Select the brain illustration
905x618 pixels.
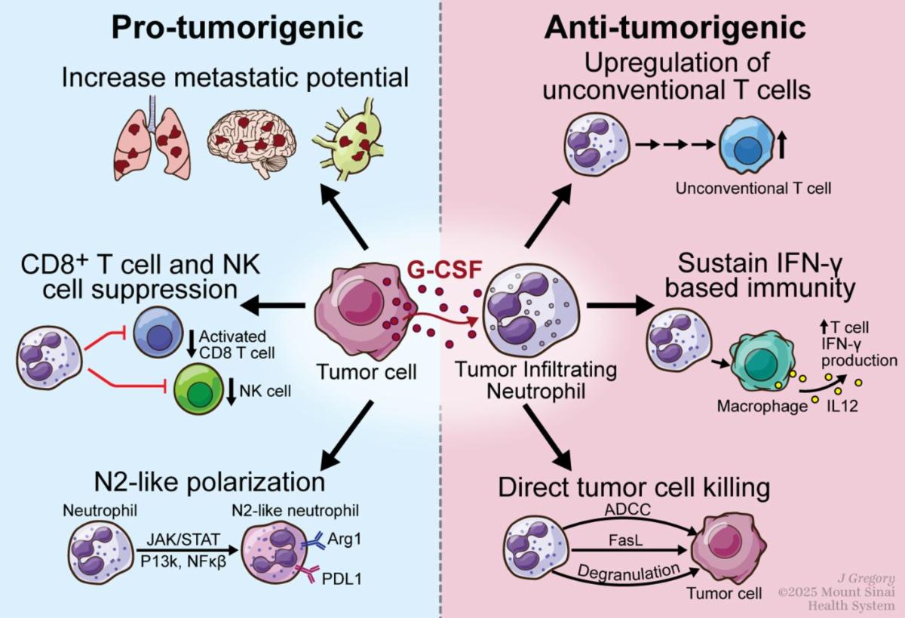point(250,140)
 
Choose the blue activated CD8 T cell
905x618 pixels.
point(158,331)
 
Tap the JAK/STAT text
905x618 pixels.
point(178,539)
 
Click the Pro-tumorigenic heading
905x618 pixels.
point(238,29)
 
